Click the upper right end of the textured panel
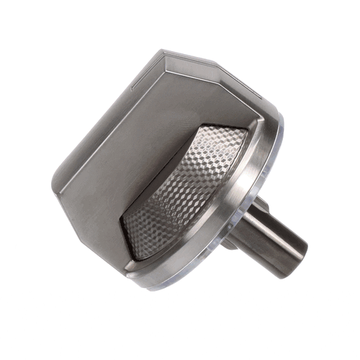point(248,130)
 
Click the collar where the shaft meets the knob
point(241,216)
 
